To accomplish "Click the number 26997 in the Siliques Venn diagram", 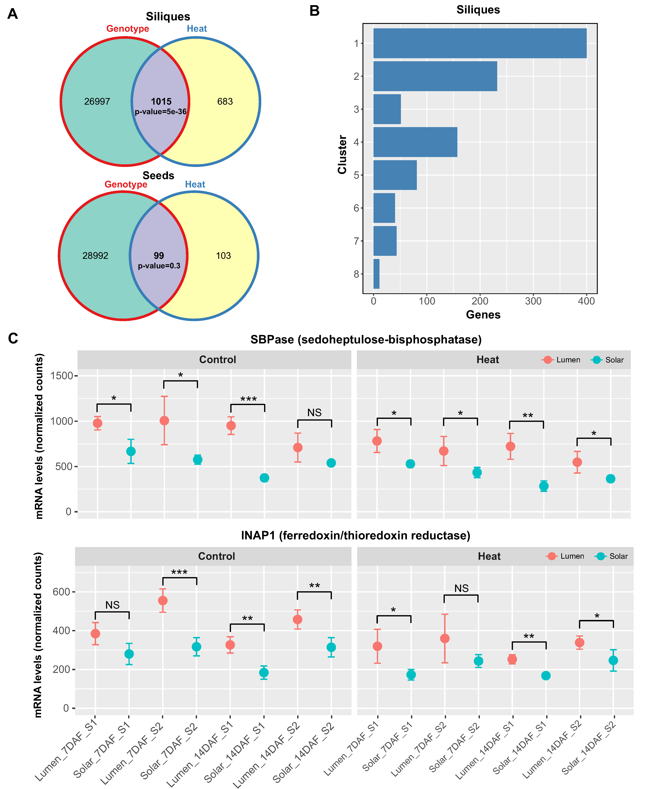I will (x=97, y=101).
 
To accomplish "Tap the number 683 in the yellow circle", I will (x=225, y=101).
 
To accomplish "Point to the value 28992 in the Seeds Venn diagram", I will (x=95, y=256).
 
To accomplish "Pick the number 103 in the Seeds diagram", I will (x=223, y=256).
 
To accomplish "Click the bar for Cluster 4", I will (x=415, y=142).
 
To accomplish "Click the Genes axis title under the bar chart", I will (x=483, y=315).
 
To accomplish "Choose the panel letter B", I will (x=314, y=11).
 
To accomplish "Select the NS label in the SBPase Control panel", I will (x=314, y=412).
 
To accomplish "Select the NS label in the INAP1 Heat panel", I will (x=461, y=588).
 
